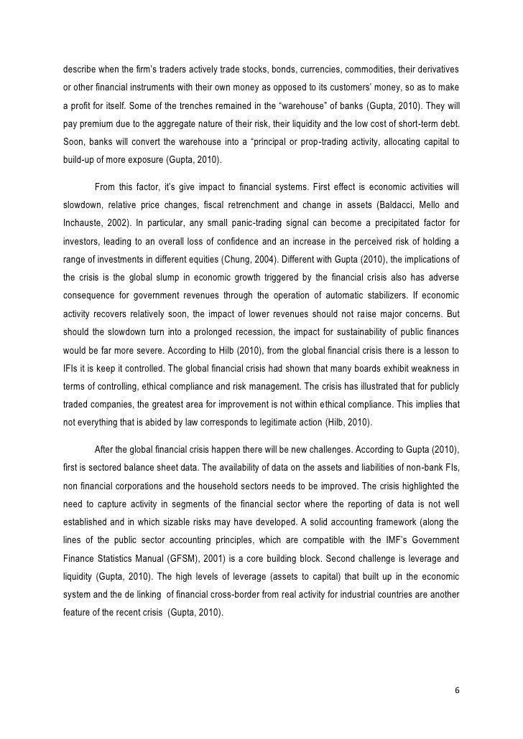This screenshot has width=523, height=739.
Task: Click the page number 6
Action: [458, 690]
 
